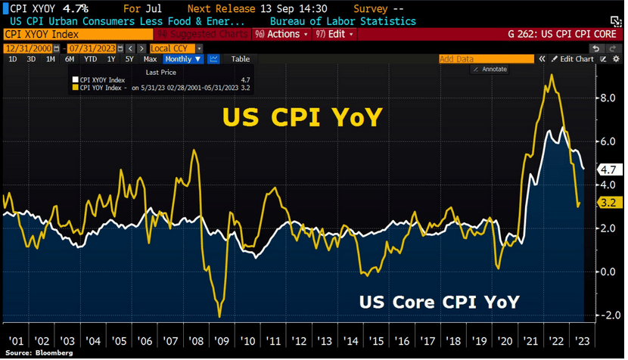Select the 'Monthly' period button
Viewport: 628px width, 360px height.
click(182, 59)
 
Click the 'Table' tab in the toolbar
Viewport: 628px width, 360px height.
click(240, 59)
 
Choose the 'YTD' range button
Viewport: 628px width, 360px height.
click(90, 59)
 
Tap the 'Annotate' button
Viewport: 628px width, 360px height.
click(492, 70)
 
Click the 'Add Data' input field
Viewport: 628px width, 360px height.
click(484, 59)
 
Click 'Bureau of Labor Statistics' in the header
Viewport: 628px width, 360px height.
click(343, 21)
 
